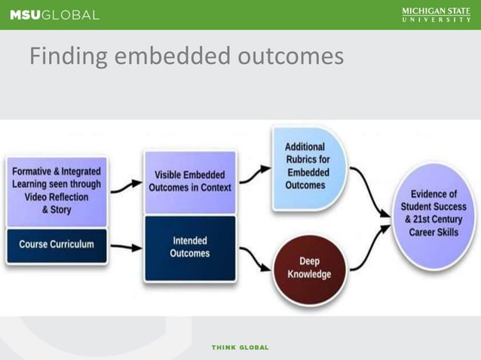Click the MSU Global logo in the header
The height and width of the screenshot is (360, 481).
(54, 15)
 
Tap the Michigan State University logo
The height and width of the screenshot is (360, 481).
(435, 15)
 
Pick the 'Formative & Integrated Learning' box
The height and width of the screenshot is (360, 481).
(57, 191)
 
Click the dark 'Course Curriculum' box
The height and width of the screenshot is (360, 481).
(57, 244)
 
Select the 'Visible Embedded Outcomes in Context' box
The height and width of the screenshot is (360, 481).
(189, 182)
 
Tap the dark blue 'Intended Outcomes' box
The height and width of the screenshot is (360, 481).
(189, 247)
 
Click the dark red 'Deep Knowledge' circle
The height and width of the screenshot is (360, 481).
(308, 267)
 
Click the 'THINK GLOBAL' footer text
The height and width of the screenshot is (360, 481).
(240, 347)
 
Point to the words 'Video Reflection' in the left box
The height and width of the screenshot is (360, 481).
(57, 197)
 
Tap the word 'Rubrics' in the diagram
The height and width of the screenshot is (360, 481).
(307, 160)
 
